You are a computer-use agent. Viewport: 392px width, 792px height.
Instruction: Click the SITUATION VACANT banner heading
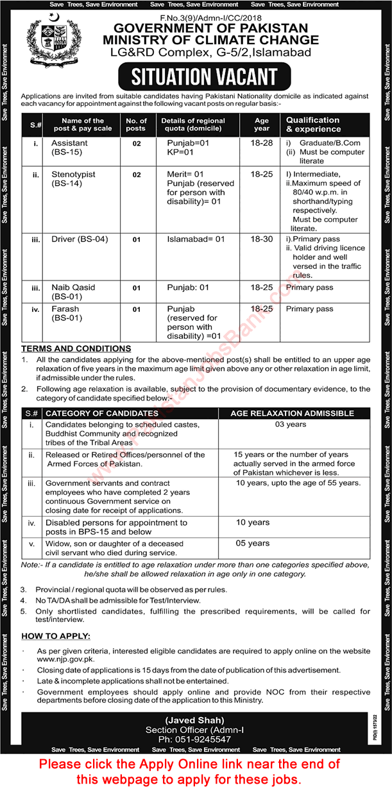pos(204,77)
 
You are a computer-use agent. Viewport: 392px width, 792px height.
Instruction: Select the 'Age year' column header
pos(262,124)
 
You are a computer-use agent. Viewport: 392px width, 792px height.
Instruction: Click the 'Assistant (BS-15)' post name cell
pos(70,148)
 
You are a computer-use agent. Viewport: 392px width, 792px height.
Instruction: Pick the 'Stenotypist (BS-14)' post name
pos(74,178)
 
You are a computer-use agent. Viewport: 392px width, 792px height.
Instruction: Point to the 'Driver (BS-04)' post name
pos(80,239)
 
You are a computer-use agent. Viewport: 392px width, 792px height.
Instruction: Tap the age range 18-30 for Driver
pos(262,239)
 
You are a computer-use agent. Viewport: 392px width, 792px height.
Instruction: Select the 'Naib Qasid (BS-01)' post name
pos(73,291)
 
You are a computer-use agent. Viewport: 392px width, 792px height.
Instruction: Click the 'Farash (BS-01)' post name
pos(66,313)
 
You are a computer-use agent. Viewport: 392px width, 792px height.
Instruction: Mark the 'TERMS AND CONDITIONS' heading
pos(76,349)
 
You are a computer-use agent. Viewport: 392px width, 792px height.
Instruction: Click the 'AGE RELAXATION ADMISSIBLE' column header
pos(293,413)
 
